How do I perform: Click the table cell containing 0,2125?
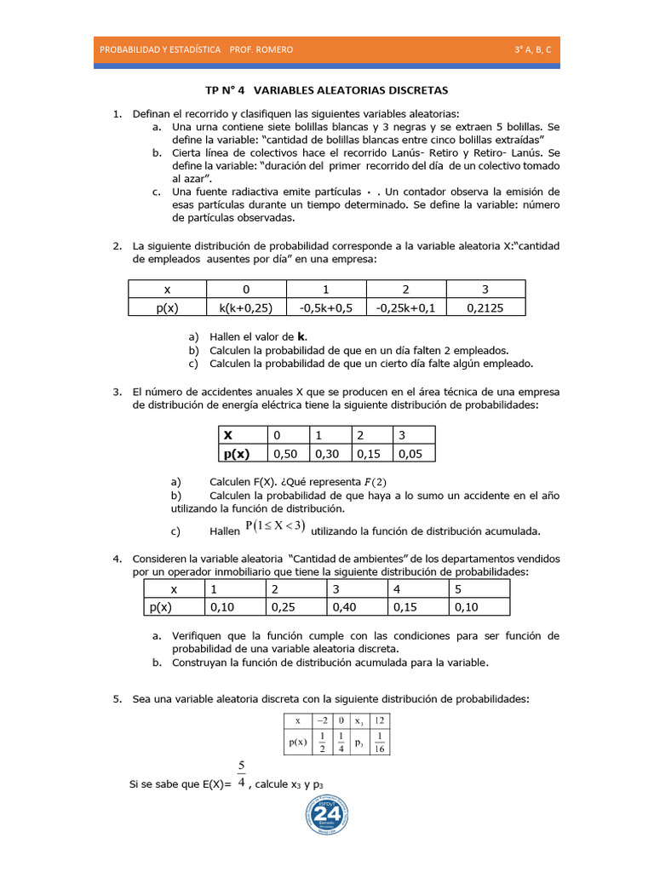pos(485,308)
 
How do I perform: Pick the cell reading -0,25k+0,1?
pos(406,308)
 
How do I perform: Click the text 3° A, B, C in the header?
pos(532,49)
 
